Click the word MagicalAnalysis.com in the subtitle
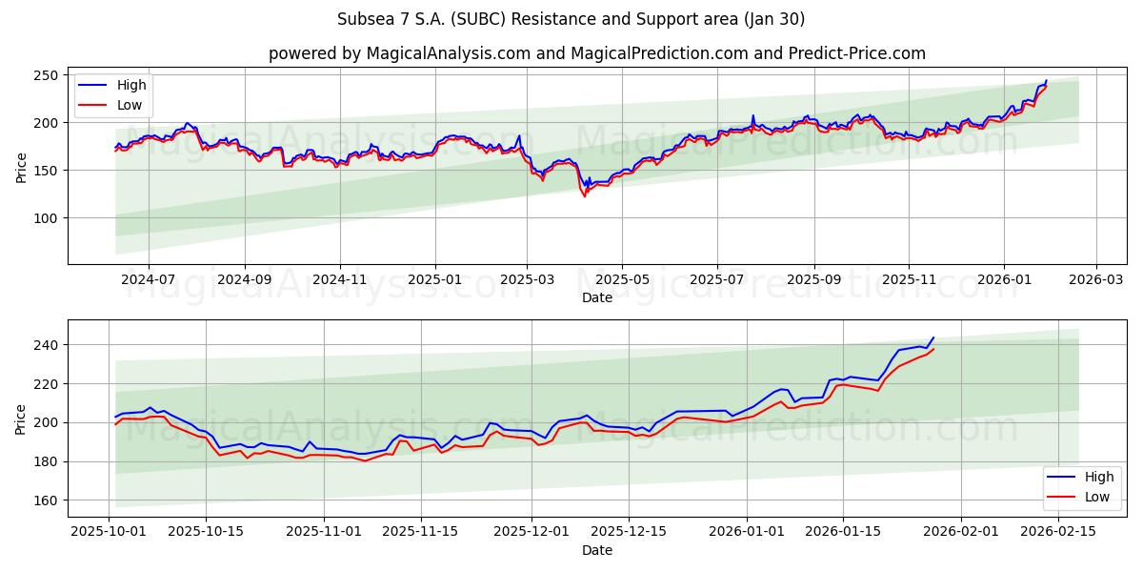point(449,53)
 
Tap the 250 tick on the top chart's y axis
point(48,75)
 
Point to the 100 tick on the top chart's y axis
point(48,218)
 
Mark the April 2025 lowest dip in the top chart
point(585,195)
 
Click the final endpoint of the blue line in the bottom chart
point(933,337)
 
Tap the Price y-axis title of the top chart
point(21,168)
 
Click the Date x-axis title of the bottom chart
point(597,551)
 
